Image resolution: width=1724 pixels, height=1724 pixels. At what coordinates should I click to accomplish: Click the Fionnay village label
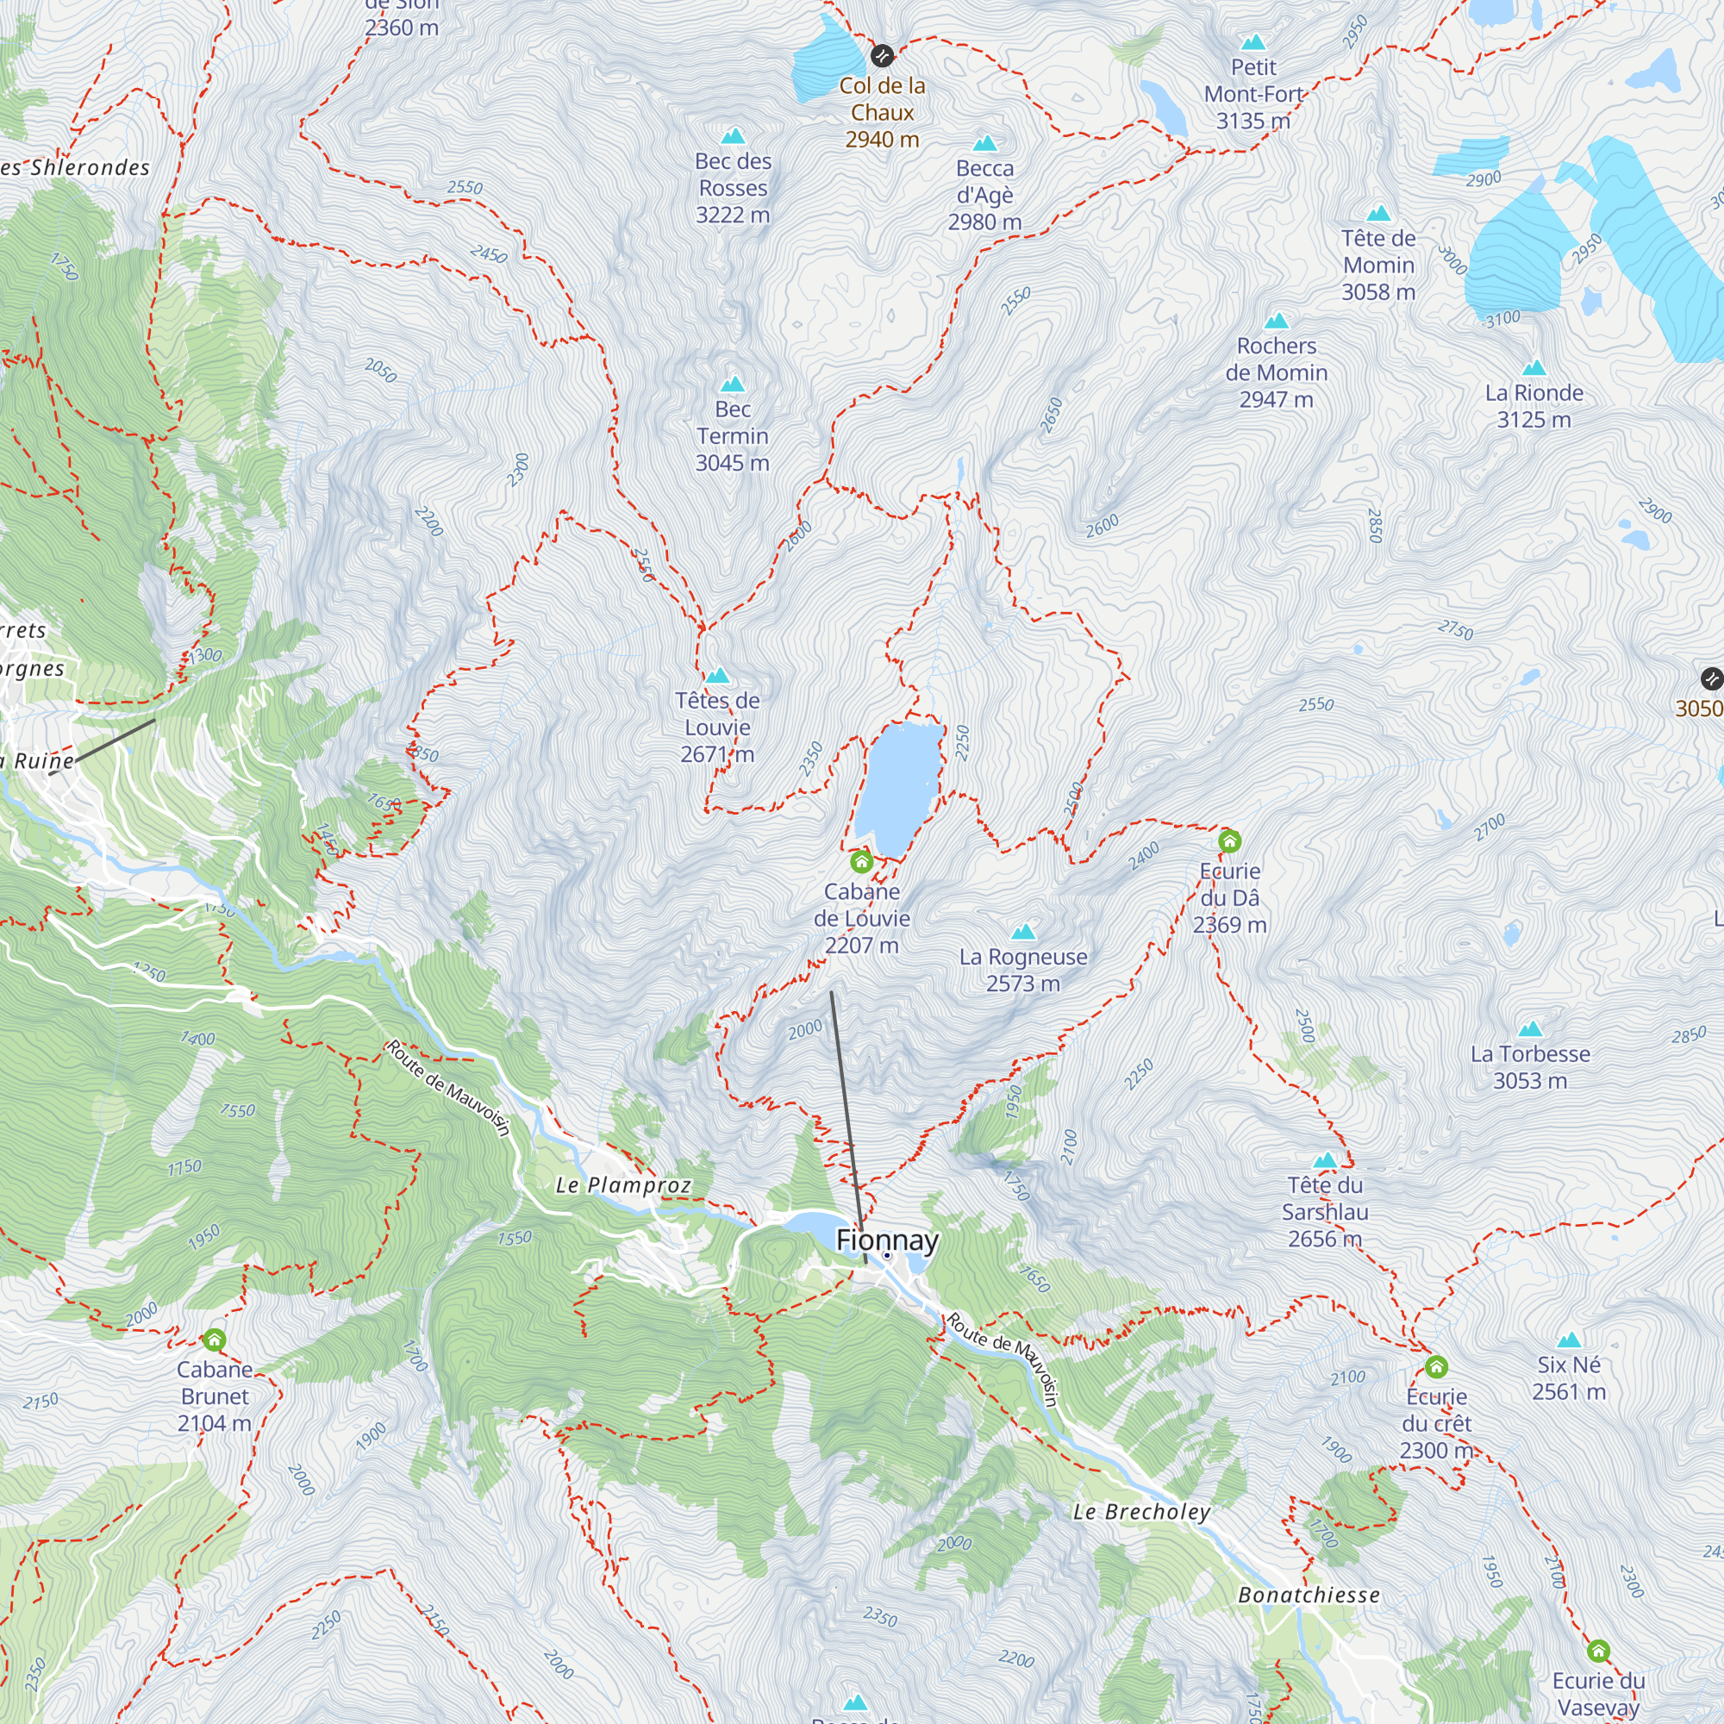coord(887,1240)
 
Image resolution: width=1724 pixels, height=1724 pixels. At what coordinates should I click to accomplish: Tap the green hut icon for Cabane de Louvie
coord(861,861)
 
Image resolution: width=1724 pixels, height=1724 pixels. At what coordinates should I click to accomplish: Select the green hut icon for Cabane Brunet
coord(214,1340)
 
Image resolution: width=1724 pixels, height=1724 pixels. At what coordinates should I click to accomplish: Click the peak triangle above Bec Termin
coord(733,384)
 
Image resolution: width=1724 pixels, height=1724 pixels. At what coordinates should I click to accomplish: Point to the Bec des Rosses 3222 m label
coord(733,188)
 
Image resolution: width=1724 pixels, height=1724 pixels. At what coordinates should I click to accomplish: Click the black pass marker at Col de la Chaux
coord(882,55)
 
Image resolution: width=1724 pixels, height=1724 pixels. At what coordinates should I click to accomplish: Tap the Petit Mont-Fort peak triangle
coord(1253,42)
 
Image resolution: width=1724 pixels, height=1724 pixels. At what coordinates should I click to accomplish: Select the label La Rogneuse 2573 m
coord(1022,970)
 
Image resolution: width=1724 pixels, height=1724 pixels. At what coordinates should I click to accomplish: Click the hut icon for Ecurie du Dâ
coord(1230,840)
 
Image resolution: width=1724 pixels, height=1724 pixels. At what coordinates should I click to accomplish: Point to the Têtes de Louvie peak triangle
coord(717,676)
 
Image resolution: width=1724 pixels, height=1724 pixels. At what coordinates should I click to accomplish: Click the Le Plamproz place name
coord(623,1185)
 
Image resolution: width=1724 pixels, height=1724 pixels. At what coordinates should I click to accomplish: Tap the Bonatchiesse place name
coord(1309,1595)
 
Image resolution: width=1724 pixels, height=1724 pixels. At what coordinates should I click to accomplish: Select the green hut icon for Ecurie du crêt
coord(1436,1366)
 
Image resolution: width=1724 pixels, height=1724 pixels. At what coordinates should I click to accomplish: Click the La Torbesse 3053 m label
coord(1529,1067)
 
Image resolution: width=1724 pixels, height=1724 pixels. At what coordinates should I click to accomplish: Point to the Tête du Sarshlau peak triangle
coord(1325,1160)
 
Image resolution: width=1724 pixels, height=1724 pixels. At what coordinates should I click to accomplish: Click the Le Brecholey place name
coord(1141,1512)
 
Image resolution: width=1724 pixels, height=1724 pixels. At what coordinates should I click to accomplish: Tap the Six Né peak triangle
coord(1569,1340)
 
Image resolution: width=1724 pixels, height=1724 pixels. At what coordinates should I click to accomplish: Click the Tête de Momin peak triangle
coord(1378,212)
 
